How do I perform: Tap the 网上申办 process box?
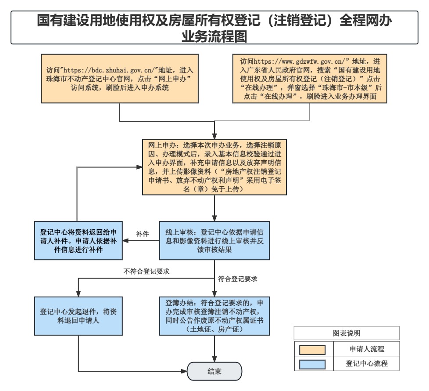coord(214,167)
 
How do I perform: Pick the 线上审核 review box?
coord(214,240)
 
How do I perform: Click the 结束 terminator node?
coord(214,371)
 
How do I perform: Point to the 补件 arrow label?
coord(143,234)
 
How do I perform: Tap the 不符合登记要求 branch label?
coord(147,271)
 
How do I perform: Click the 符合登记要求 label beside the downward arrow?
coord(238,279)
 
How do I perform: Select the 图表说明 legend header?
coord(347,333)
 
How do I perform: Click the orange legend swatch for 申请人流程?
coord(312,350)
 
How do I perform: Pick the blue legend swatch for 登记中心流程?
coord(312,364)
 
